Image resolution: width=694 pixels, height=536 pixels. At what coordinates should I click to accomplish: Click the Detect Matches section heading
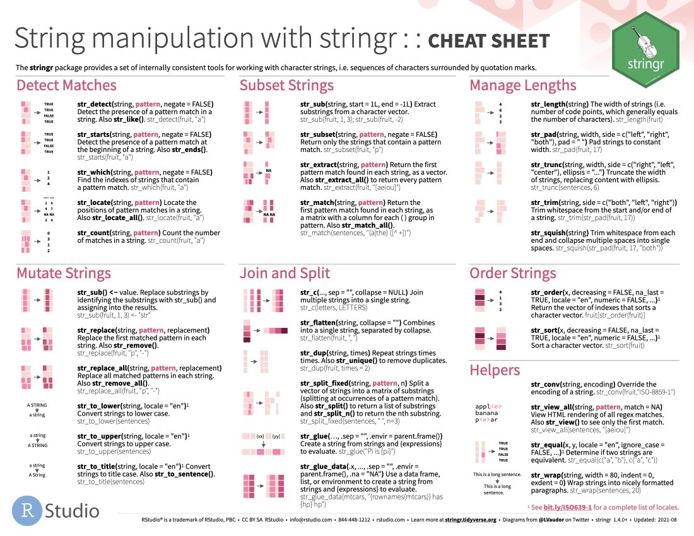click(66, 86)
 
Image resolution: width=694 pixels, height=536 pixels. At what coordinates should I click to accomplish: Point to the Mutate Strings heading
click(63, 273)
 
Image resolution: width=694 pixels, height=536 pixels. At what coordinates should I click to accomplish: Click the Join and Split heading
click(285, 273)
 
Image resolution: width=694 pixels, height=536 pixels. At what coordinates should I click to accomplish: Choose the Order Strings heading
click(512, 273)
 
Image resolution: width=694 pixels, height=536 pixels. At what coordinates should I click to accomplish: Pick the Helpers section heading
click(494, 370)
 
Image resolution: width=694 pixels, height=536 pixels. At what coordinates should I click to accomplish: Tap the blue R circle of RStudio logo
click(27, 509)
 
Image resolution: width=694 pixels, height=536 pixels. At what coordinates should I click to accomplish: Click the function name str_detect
click(94, 104)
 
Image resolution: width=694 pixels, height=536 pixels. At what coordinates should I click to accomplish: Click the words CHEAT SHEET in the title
click(488, 42)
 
